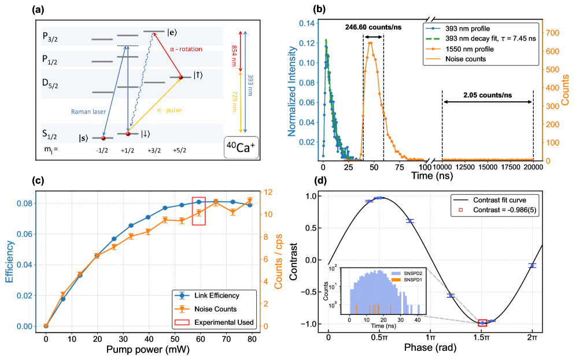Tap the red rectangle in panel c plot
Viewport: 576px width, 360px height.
(198, 211)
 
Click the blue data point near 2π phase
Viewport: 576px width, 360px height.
(532, 265)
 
